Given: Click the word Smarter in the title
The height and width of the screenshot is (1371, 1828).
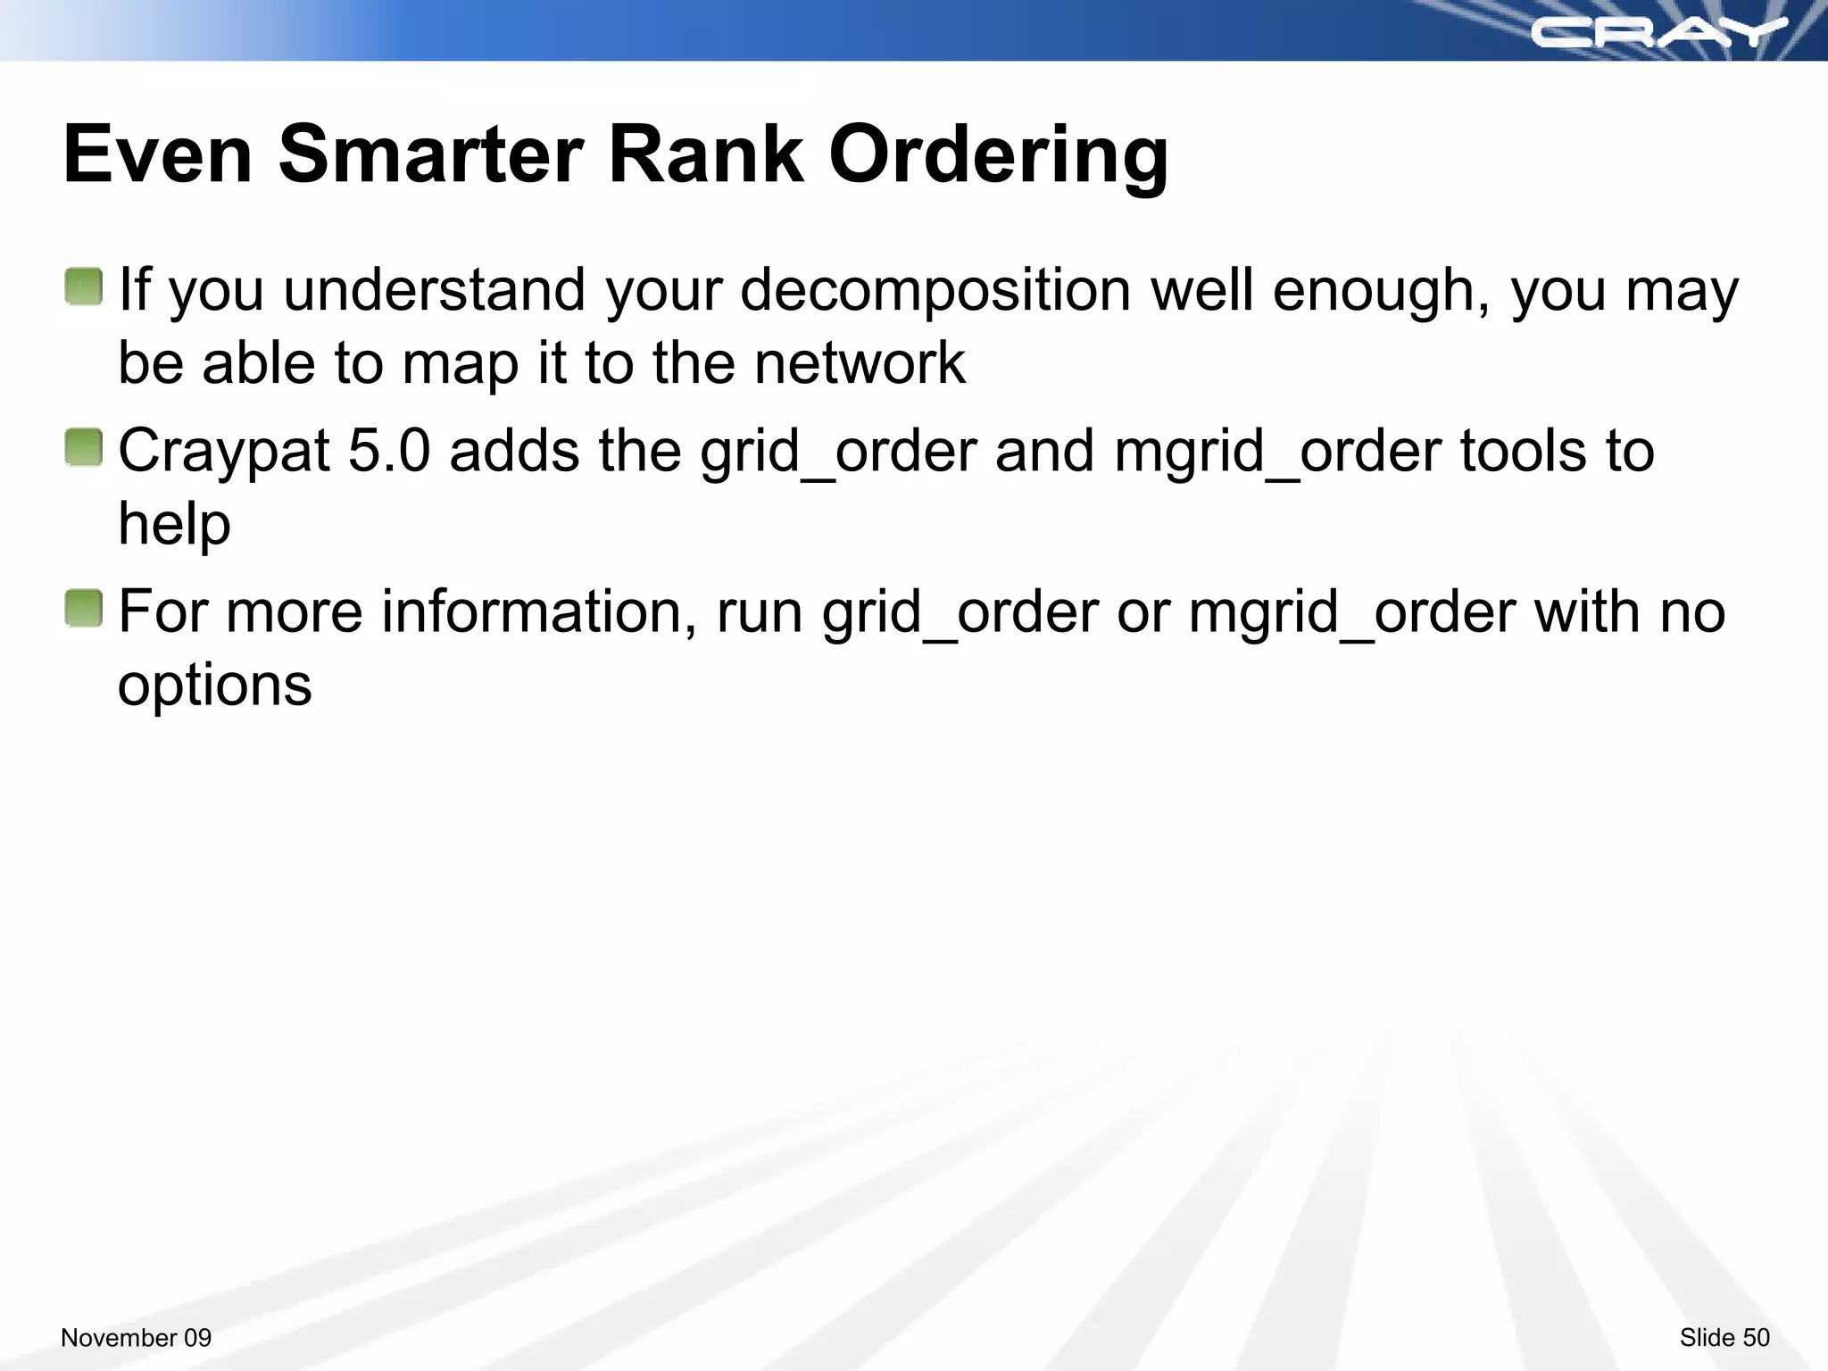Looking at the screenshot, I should pyautogui.click(x=431, y=154).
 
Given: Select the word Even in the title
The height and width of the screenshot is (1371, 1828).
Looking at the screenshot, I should pyautogui.click(x=158, y=154).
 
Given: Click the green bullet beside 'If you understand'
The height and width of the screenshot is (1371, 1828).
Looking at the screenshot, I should pyautogui.click(x=84, y=287).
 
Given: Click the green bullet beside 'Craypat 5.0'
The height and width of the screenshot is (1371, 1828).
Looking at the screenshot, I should pyautogui.click(x=84, y=447).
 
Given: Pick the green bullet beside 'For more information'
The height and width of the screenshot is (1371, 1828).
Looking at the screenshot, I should pyautogui.click(x=84, y=609).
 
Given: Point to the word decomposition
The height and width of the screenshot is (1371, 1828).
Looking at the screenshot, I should pyautogui.click(x=935, y=291).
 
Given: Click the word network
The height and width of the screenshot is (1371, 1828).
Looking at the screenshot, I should pyautogui.click(x=859, y=363).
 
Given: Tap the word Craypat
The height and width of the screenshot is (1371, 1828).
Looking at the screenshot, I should pyautogui.click(x=224, y=453).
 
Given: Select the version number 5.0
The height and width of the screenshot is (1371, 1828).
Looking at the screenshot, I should pyautogui.click(x=389, y=451).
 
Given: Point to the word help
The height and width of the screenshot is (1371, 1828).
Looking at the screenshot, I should pyautogui.click(x=174, y=524).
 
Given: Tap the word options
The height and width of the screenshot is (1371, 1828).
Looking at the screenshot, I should pyautogui.click(x=214, y=686).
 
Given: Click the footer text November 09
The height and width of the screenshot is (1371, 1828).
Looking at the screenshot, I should pyautogui.click(x=136, y=1337).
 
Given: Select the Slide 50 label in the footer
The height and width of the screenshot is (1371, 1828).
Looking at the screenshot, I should pyautogui.click(x=1724, y=1337).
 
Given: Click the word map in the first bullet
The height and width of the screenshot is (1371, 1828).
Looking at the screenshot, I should pyautogui.click(x=459, y=365).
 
